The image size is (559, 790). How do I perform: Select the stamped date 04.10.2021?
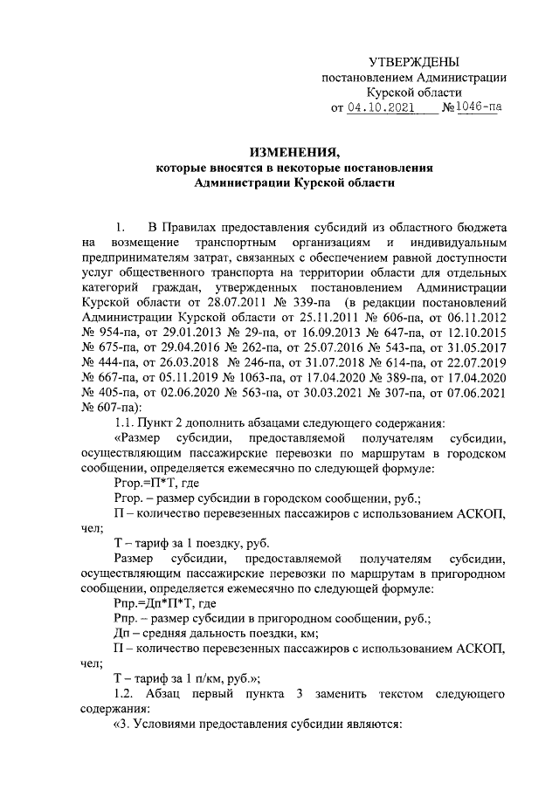(x=382, y=108)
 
